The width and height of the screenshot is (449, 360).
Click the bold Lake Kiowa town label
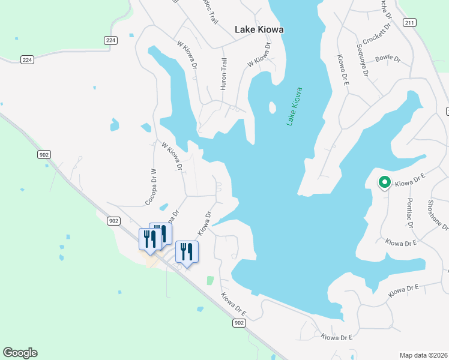pyautogui.click(x=259, y=29)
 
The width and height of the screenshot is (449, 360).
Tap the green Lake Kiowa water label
pyautogui.click(x=294, y=106)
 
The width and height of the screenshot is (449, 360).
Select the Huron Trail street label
pyautogui.click(x=224, y=74)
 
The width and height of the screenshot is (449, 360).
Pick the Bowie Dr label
pyautogui.click(x=388, y=58)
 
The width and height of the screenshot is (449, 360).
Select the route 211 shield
pyautogui.click(x=409, y=23)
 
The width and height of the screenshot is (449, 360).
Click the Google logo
pyautogui.click(x=20, y=353)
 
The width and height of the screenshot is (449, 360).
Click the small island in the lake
pyautogui.click(x=272, y=108)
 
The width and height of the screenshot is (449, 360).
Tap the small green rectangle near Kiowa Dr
pyautogui.click(x=209, y=280)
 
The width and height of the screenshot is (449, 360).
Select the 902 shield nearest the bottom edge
pyautogui.click(x=240, y=323)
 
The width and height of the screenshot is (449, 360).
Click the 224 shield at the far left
pyautogui.click(x=26, y=59)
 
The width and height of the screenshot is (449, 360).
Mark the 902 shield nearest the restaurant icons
pyautogui.click(x=114, y=221)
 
